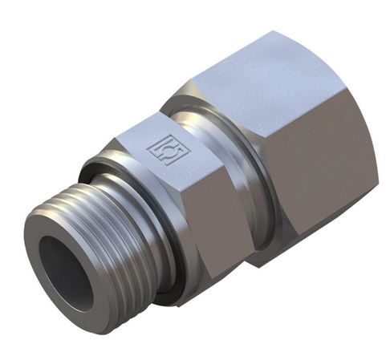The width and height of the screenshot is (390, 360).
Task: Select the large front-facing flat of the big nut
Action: click(321, 160)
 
